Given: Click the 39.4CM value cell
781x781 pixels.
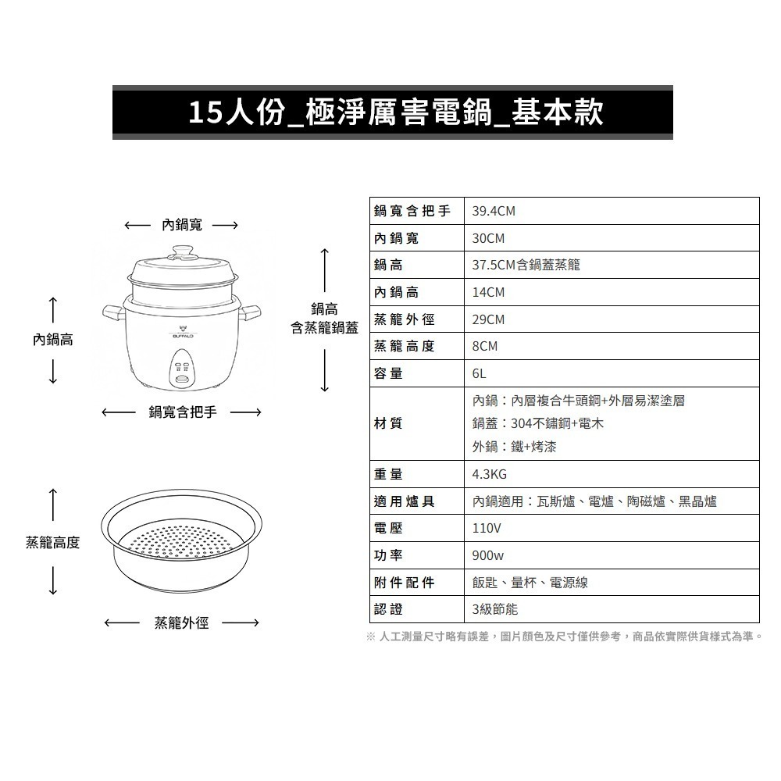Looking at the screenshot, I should (x=494, y=212).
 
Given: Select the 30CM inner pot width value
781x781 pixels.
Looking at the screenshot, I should (x=489, y=238).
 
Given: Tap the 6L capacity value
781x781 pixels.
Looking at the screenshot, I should (x=480, y=373).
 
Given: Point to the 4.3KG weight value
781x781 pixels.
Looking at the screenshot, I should (x=490, y=474).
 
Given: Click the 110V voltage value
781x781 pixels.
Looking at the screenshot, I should (x=487, y=528).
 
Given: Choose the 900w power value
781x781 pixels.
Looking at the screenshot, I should (x=488, y=555).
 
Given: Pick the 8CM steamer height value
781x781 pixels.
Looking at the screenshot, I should (x=485, y=346).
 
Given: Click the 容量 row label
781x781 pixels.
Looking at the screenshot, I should (x=389, y=373).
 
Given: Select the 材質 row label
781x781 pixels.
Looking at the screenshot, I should (x=389, y=423).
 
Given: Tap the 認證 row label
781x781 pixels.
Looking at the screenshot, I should (x=389, y=609).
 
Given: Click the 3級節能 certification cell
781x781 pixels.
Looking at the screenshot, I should (x=495, y=609).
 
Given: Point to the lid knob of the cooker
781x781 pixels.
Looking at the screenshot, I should (x=184, y=251).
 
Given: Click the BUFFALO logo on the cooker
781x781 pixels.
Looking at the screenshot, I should (x=184, y=333).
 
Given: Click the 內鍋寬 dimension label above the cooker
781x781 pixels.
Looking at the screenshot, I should (x=182, y=225).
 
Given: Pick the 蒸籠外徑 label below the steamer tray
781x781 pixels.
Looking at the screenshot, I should (x=181, y=622).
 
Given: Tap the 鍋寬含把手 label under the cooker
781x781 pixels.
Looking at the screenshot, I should (x=182, y=412).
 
